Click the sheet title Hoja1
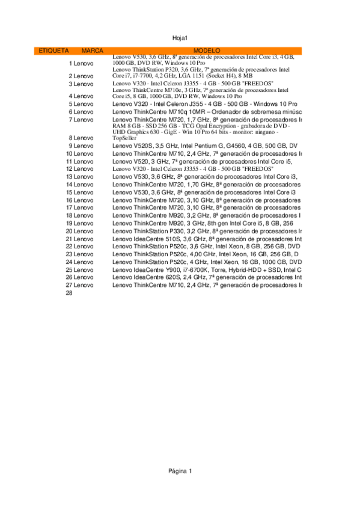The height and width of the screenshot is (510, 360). [180, 38]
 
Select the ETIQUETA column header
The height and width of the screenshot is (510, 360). [53, 51]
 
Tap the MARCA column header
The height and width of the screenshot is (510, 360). [92, 51]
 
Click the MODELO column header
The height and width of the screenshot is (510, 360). [207, 51]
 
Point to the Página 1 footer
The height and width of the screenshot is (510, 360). [180, 471]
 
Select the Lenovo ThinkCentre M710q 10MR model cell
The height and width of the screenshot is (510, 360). [206, 112]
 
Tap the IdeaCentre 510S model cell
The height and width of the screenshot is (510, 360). [206, 239]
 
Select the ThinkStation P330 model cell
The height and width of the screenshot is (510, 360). [206, 231]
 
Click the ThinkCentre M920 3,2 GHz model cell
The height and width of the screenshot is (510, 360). [206, 215]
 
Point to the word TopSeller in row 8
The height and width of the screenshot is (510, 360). [124, 138]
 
